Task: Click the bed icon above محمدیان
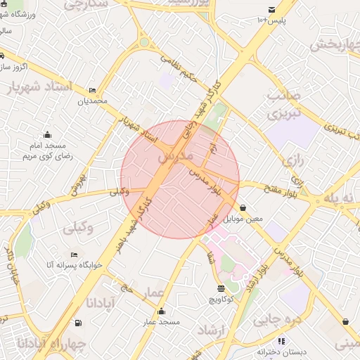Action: (x=93, y=91)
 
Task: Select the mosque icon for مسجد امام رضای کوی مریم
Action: (x=47, y=135)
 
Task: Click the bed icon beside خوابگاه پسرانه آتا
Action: (x=75, y=255)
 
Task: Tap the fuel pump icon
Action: (x=77, y=323)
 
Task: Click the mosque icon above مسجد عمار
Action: (x=162, y=311)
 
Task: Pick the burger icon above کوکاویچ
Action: (x=221, y=288)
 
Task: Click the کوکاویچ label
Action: (x=223, y=299)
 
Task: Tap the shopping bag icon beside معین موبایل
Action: (x=243, y=208)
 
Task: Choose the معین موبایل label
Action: (x=243, y=219)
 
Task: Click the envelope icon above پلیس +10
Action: (x=271, y=9)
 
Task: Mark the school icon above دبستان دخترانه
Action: (x=282, y=341)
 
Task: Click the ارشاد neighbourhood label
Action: (x=210, y=330)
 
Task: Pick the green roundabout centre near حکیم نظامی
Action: (x=144, y=41)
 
